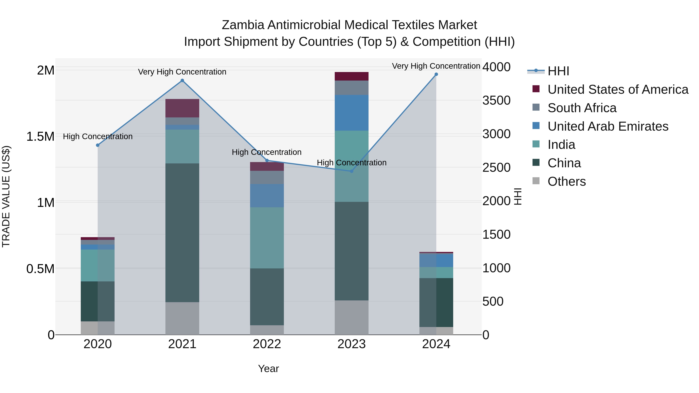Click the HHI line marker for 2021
(182, 81)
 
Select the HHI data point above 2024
(436, 74)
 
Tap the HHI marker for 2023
(351, 171)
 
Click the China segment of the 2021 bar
(182, 233)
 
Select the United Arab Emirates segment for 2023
(351, 113)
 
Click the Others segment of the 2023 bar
(351, 317)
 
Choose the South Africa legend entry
(582, 108)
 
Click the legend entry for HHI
(558, 71)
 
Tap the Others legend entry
(567, 181)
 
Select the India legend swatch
(536, 144)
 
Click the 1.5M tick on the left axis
(40, 136)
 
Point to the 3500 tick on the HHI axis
(496, 100)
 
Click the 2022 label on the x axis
(267, 344)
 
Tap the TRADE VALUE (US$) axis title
(6, 196)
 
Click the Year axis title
(268, 369)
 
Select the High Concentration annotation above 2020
(98, 136)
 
